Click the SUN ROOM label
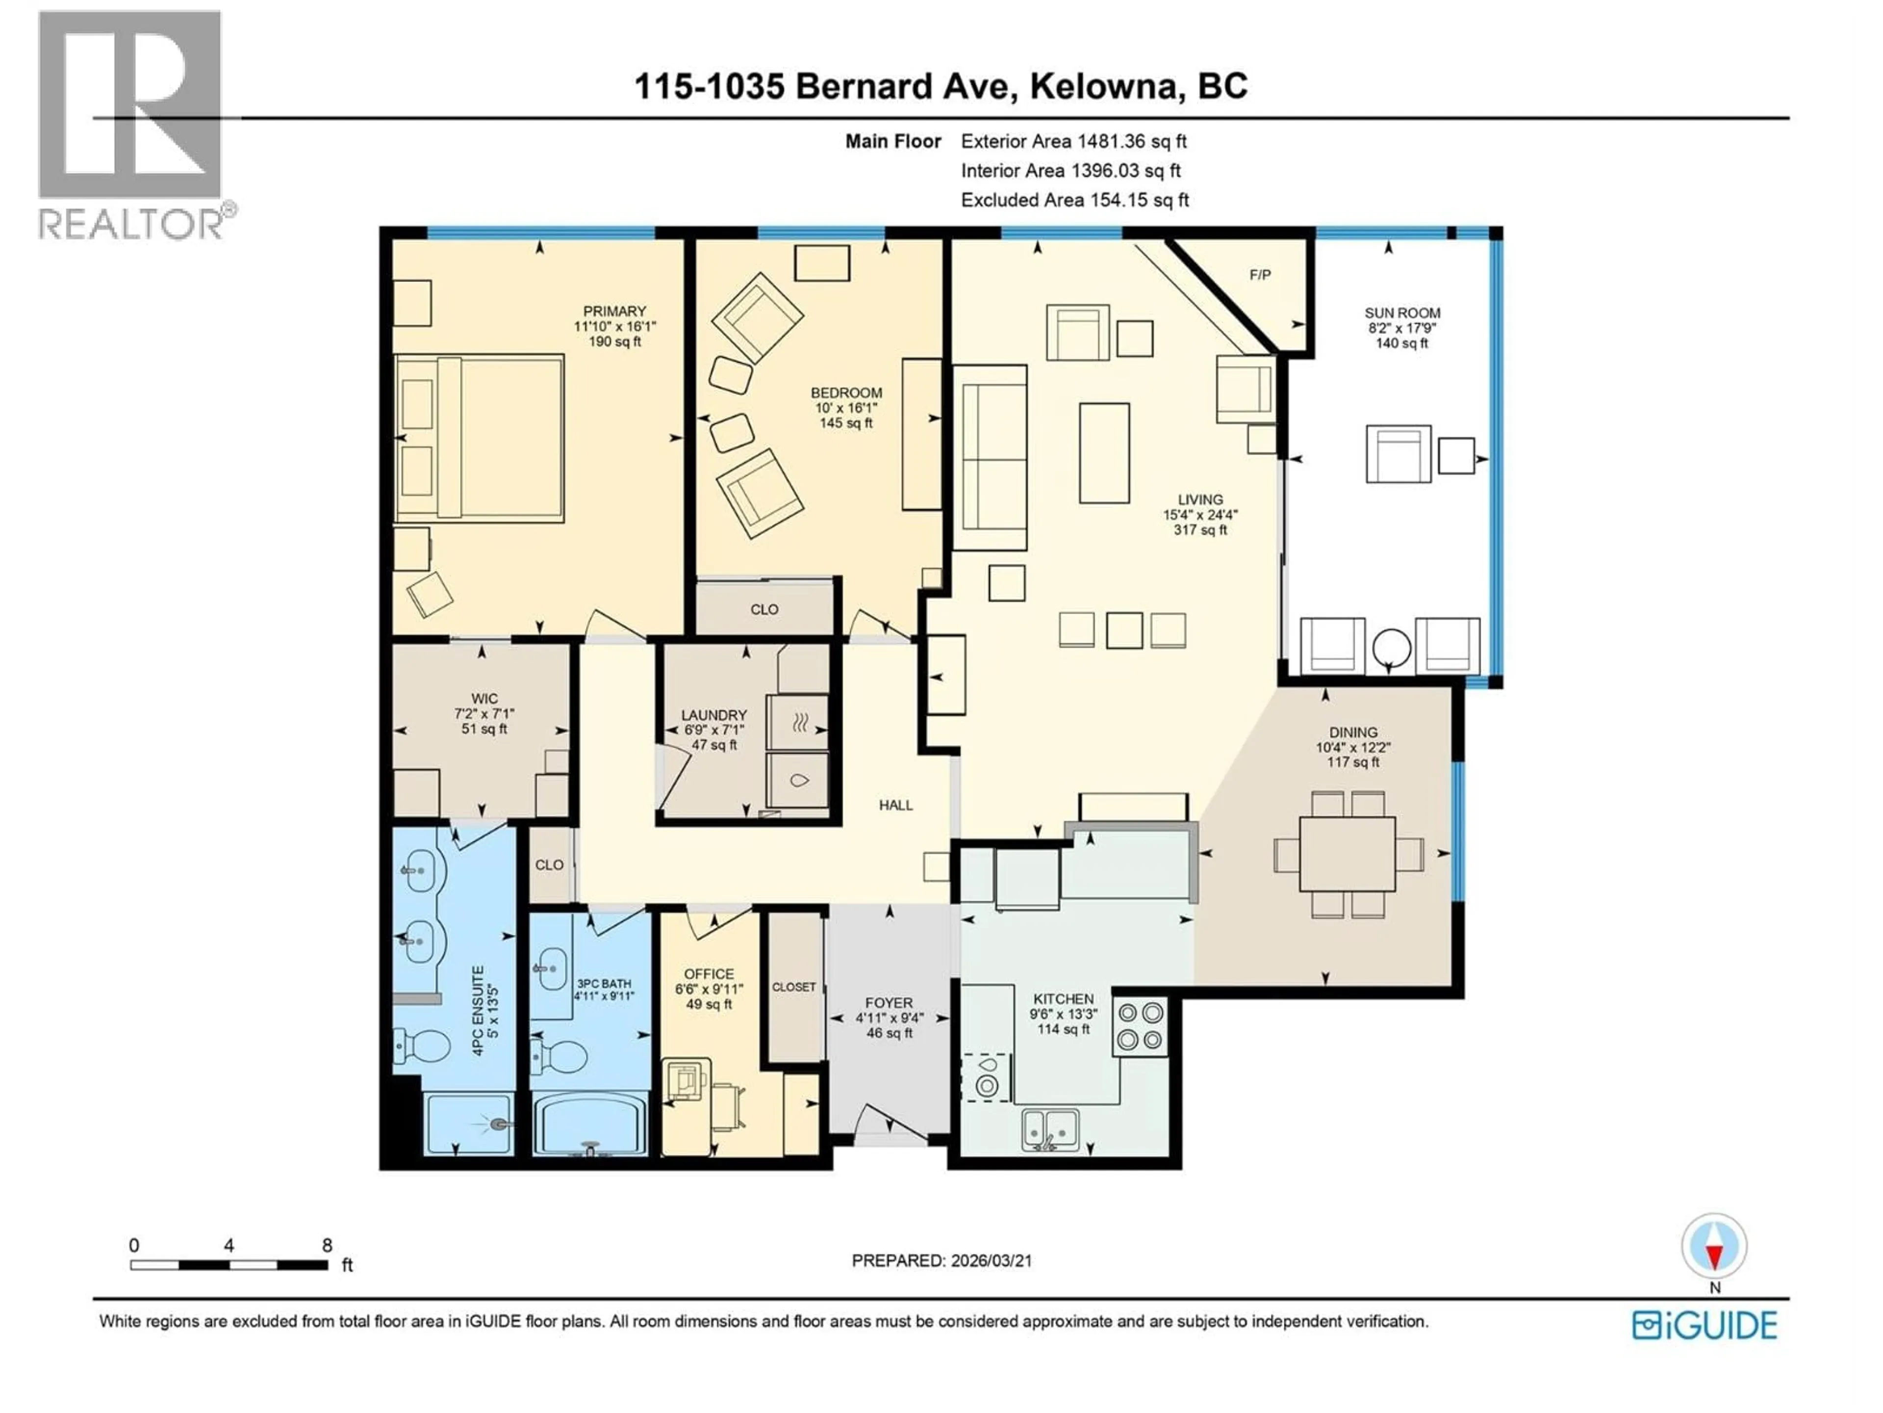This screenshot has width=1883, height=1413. [x=1402, y=313]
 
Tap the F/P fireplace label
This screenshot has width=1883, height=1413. [x=1260, y=274]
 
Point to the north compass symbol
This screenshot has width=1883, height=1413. [x=1714, y=1246]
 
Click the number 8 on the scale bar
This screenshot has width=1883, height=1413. [x=327, y=1245]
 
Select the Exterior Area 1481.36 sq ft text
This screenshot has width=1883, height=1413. [x=1073, y=141]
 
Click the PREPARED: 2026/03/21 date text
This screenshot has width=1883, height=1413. [x=941, y=1260]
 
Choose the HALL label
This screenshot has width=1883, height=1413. [x=895, y=805]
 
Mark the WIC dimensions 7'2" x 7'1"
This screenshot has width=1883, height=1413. [x=484, y=714]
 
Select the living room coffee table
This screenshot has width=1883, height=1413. [x=1104, y=453]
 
